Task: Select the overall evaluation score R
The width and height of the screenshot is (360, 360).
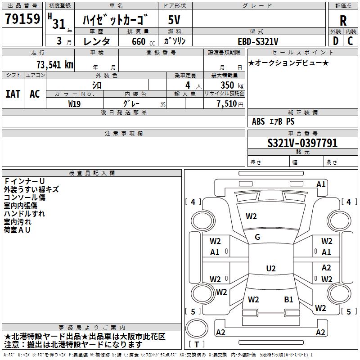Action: click(x=343, y=21)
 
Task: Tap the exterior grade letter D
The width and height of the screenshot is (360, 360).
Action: click(x=335, y=40)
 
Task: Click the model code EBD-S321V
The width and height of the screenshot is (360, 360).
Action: click(x=258, y=41)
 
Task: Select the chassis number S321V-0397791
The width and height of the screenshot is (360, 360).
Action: click(x=302, y=143)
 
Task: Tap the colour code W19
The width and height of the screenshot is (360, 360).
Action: click(x=75, y=103)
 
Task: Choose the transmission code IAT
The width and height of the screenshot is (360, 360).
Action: click(x=13, y=94)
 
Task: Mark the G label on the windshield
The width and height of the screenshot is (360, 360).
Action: click(x=257, y=237)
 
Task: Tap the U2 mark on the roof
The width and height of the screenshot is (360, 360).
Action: click(x=270, y=269)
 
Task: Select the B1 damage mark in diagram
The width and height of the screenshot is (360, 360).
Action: click(x=288, y=299)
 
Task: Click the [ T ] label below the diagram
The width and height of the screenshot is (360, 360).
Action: click(x=197, y=345)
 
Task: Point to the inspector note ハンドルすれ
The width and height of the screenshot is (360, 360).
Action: click(x=24, y=214)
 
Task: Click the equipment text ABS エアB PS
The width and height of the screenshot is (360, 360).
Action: click(x=273, y=121)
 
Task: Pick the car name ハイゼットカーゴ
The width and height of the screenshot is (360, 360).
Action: click(x=115, y=20)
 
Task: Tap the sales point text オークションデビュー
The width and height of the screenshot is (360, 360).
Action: click(x=288, y=63)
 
